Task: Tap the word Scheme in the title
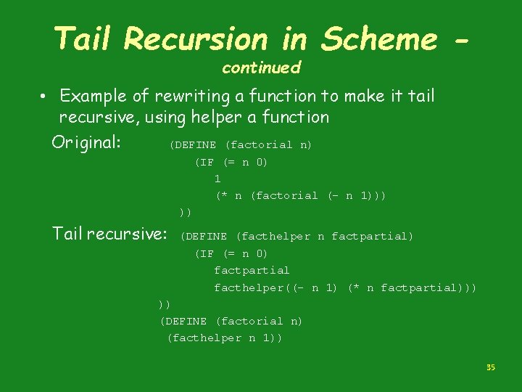click(379, 38)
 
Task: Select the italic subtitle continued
click(261, 68)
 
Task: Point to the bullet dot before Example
click(44, 96)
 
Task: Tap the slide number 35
click(490, 368)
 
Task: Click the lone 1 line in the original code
click(217, 179)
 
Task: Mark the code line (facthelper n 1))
click(225, 338)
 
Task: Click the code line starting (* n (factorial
click(300, 195)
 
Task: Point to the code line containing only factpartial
click(252, 270)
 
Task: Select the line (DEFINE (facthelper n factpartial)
click(297, 236)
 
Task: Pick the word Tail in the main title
click(80, 38)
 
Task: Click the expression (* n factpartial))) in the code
click(412, 287)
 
